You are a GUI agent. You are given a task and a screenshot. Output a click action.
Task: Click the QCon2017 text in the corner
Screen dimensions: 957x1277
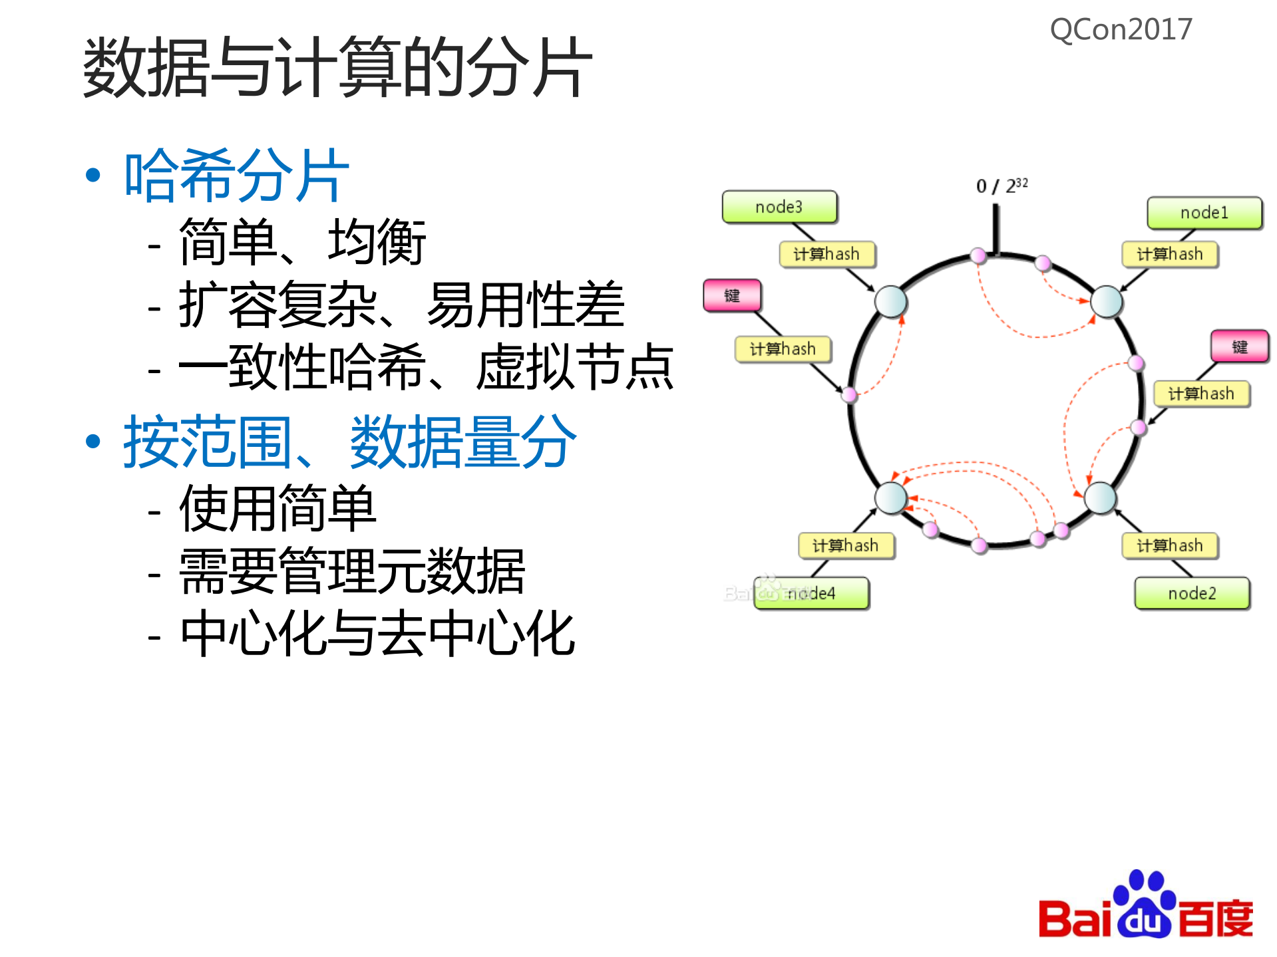1121,30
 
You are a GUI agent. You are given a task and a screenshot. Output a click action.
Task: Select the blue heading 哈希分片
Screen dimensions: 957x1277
237,176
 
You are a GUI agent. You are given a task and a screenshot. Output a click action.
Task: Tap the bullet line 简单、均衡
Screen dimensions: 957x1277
301,242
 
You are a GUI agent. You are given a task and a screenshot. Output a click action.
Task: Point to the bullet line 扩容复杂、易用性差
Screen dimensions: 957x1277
401,305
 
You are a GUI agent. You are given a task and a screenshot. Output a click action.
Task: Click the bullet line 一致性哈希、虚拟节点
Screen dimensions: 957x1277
426,366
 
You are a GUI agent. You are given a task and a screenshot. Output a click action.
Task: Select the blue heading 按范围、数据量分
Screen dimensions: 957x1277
349,442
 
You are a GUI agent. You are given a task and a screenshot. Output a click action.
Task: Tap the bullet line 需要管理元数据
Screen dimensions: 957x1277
352,571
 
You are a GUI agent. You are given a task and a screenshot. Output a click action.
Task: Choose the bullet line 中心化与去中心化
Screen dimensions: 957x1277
377,634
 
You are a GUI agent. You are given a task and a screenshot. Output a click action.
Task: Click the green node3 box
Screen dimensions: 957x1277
779,207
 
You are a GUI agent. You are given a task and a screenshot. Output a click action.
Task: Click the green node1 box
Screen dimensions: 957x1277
1204,213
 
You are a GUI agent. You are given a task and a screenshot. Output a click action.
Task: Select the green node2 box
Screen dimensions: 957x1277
1192,593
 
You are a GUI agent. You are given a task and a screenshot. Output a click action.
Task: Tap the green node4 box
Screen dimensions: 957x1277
812,593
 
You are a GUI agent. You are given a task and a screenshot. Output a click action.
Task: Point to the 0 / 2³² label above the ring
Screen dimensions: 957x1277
1001,186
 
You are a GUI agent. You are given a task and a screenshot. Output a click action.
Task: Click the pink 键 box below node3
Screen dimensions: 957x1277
732,295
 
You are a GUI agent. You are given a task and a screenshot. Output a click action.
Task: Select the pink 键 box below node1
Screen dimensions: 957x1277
1239,346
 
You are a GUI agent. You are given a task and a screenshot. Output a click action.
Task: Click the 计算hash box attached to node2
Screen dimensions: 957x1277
1169,546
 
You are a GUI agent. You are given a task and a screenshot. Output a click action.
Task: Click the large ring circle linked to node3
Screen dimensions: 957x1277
890,301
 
